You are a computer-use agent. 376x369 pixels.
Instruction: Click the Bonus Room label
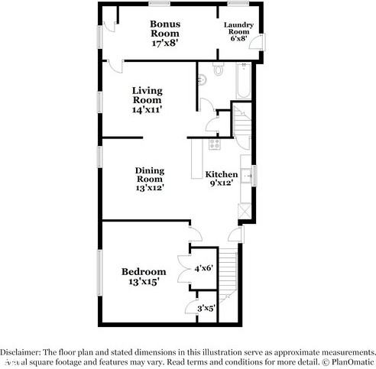coord(164,29)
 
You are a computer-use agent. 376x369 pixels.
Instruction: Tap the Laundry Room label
coord(238,30)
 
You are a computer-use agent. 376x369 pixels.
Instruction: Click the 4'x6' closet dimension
coord(204,269)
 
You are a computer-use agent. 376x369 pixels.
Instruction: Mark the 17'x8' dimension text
coord(164,44)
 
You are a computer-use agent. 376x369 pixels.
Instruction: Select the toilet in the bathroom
coord(218,70)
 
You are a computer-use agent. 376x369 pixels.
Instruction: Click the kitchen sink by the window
coord(245,174)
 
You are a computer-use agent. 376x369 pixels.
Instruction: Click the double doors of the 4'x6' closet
coord(183,269)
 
